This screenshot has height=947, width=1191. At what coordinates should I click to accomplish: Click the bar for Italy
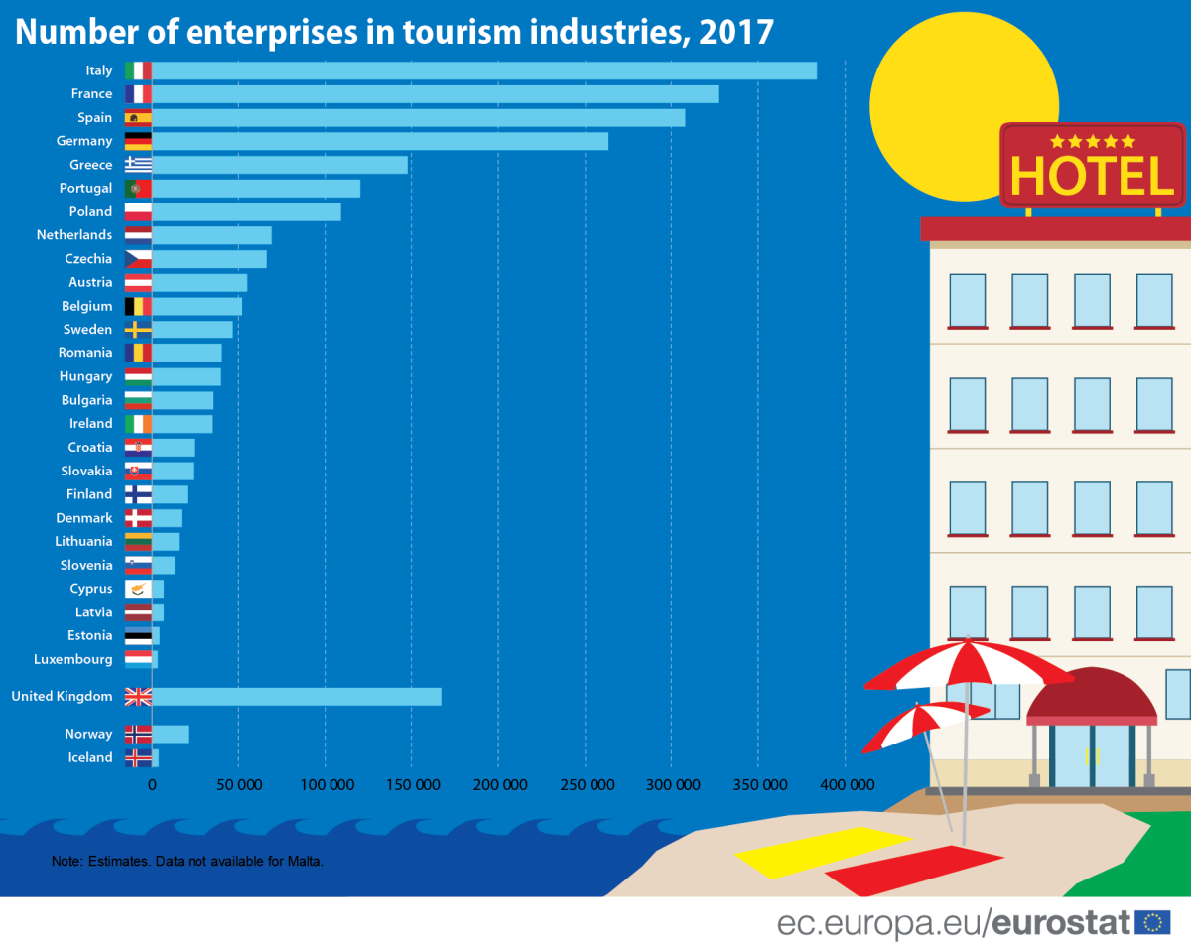(484, 70)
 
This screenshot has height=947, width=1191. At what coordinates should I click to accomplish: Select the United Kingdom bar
(297, 697)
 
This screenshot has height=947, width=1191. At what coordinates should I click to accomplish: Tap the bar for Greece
(280, 165)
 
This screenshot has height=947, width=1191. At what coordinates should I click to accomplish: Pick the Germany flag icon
(138, 141)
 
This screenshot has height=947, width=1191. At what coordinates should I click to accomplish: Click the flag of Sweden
(138, 330)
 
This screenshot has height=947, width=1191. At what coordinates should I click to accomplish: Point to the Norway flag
(138, 735)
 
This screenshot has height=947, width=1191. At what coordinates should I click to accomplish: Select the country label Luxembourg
(73, 659)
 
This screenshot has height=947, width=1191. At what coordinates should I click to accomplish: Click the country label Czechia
(88, 259)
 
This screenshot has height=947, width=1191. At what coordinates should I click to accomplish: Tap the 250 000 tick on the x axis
(585, 785)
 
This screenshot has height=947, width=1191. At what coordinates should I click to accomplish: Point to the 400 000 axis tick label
(846, 785)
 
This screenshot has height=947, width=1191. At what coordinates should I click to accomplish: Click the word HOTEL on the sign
(1092, 177)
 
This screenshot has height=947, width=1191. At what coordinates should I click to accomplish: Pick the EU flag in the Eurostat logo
(1153, 922)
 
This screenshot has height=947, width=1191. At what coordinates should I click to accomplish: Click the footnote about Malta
(188, 861)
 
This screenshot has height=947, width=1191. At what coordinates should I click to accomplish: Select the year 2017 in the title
(735, 31)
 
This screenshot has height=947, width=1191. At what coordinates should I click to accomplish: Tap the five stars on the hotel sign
(1092, 142)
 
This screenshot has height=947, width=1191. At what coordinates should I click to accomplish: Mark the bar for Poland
(246, 212)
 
